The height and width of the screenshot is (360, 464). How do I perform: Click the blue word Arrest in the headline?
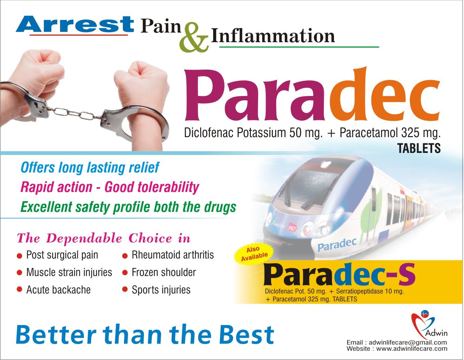[x=75, y=24]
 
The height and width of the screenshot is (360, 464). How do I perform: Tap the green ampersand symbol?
[x=194, y=37]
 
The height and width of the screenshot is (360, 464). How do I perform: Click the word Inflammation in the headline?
[x=273, y=36]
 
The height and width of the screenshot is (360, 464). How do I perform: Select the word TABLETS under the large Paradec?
[x=419, y=148]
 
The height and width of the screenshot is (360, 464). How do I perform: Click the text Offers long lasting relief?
[x=90, y=168]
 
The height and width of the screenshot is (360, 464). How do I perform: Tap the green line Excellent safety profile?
[x=128, y=207]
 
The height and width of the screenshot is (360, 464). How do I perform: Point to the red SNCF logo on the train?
[x=292, y=226]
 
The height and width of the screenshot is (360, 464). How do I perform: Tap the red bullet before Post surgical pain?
[x=20, y=256]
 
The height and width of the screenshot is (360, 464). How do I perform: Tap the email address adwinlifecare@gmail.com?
[x=408, y=343]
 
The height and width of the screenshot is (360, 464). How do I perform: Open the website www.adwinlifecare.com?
[x=412, y=349]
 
